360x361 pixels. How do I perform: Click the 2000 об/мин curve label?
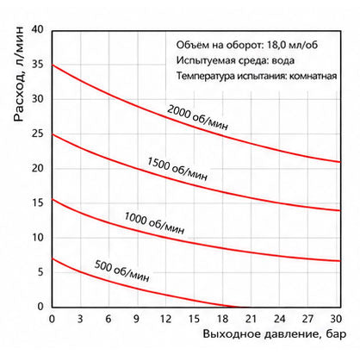(x=197, y=117)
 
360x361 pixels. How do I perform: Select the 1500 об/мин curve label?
(x=177, y=169)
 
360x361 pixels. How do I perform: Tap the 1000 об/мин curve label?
(x=154, y=223)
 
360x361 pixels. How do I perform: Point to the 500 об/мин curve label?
(x=121, y=271)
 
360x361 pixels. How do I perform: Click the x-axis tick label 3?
(x=80, y=319)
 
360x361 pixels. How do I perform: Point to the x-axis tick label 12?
(x=165, y=319)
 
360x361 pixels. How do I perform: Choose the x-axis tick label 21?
(x=251, y=319)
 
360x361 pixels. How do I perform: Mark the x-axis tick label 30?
(x=336, y=319)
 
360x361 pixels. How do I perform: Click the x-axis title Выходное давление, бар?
(x=275, y=334)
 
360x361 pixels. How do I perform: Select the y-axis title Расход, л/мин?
(x=19, y=74)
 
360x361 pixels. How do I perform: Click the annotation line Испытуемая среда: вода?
(x=235, y=60)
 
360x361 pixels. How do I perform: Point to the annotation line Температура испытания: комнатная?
(x=257, y=76)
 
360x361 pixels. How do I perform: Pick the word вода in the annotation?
(x=283, y=61)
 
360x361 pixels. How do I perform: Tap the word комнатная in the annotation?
(x=313, y=77)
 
